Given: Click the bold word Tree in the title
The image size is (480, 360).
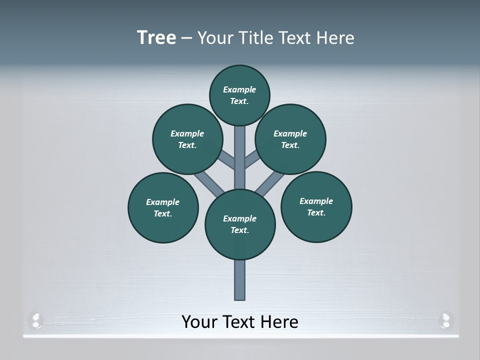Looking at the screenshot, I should click(x=156, y=37).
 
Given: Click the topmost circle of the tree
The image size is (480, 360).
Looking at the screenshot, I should click(x=239, y=95).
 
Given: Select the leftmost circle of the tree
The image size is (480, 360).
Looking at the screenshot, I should click(x=163, y=207).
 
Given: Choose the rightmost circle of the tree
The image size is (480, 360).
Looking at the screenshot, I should click(x=316, y=206).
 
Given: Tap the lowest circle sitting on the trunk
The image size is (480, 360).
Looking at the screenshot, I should click(x=240, y=224).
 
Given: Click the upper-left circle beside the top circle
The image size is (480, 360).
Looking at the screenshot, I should click(x=187, y=139).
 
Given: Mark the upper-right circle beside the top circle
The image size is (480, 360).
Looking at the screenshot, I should click(x=290, y=139).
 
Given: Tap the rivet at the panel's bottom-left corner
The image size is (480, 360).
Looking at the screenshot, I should click(x=36, y=319).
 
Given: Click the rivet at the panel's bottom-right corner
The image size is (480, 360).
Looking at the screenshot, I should click(x=445, y=319).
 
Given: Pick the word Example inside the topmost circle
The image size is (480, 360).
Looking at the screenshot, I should click(x=239, y=89).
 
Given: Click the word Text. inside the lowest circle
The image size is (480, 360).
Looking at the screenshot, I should click(x=240, y=230).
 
